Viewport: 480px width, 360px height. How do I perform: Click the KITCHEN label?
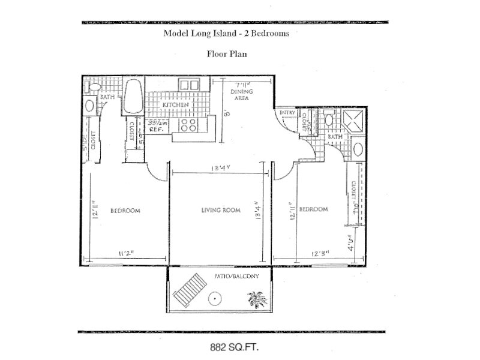pos(176,105)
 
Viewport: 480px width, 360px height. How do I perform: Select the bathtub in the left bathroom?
pos(131,97)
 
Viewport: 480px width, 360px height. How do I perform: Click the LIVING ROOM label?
pos(220,211)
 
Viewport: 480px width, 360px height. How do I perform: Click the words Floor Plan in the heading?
pos(227,53)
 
